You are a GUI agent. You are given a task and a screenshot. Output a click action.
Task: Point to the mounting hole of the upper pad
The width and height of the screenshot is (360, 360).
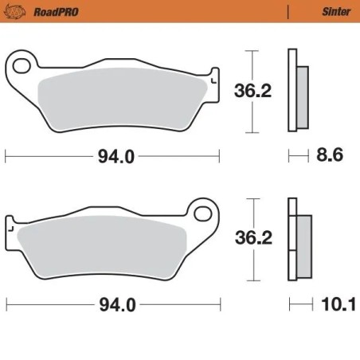pos(23,64)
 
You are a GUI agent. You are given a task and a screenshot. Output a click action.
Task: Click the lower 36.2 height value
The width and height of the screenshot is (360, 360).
pos(252,237)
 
